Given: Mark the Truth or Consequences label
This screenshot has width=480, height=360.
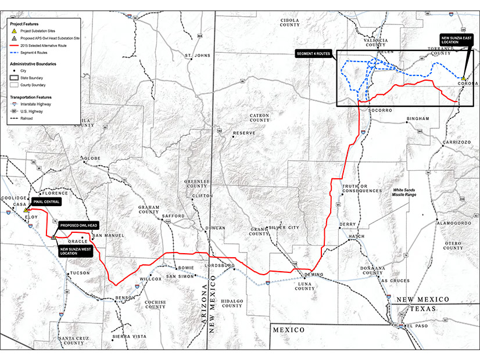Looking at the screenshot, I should pos(361,189).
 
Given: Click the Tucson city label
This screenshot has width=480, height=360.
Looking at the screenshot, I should pos(78,273).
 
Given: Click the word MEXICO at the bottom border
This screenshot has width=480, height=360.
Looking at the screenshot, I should pos(289,330).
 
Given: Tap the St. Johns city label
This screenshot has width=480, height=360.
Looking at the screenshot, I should pos(196,56).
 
